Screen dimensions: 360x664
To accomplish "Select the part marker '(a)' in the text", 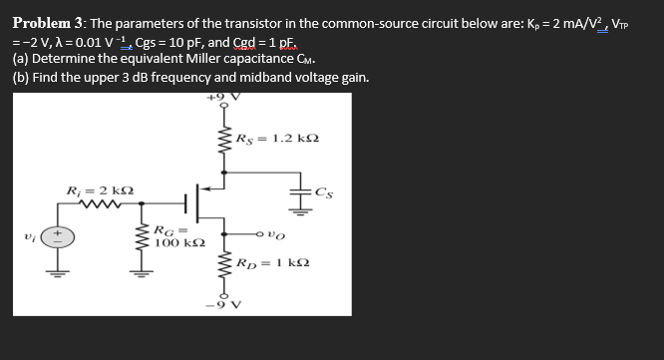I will point(20,60).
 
